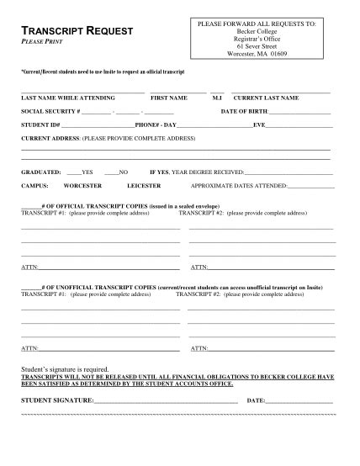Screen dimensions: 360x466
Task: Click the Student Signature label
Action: [x=56, y=400]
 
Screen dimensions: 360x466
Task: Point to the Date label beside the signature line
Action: [x=257, y=400]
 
